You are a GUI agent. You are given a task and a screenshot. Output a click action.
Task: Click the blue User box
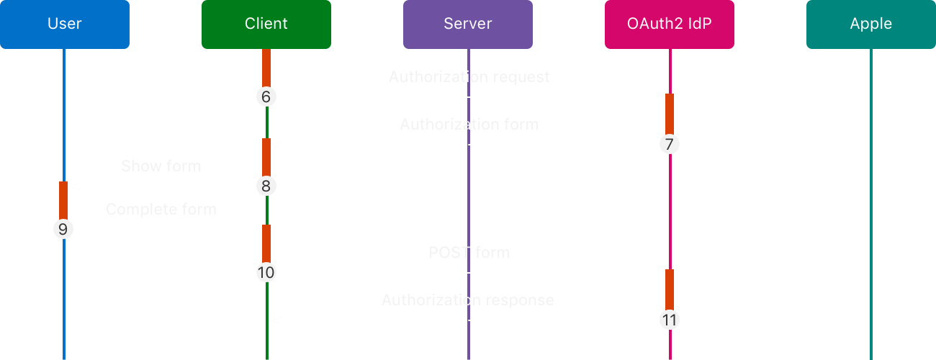click(65, 24)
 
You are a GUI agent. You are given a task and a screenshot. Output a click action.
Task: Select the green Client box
click(266, 24)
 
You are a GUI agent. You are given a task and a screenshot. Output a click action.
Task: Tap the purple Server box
click(468, 24)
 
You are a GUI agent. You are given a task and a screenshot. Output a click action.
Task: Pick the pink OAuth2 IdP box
click(670, 24)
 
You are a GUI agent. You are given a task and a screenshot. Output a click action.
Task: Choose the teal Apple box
click(871, 24)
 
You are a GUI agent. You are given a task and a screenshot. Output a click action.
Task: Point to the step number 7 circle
click(670, 145)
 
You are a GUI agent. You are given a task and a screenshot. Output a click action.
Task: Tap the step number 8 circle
click(266, 186)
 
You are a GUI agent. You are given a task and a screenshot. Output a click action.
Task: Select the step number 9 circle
click(63, 230)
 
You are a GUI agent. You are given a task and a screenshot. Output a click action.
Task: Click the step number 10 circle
click(266, 273)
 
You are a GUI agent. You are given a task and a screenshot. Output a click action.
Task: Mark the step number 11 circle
click(670, 320)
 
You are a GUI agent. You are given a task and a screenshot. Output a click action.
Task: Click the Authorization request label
click(469, 77)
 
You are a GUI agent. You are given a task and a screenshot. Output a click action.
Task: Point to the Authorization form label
click(469, 125)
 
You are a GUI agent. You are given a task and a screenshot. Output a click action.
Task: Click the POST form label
click(469, 253)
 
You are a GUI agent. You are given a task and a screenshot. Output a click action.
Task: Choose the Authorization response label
click(467, 300)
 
